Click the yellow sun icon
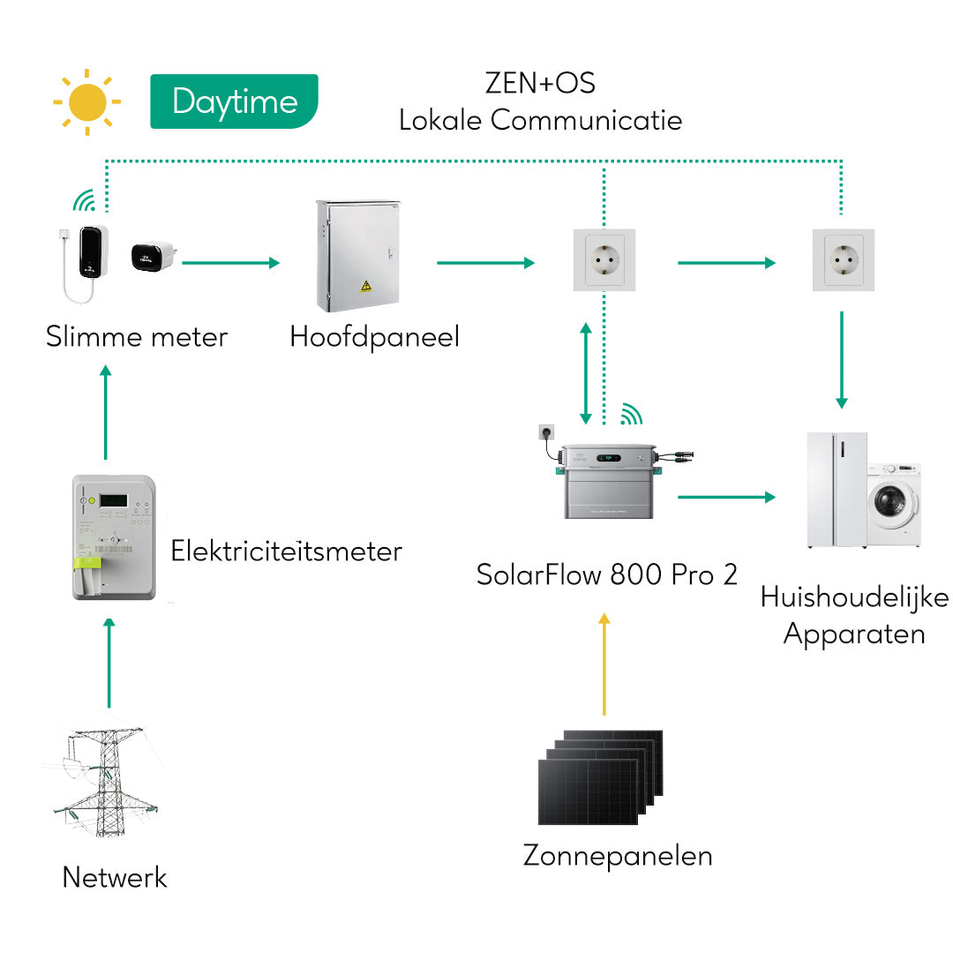click(x=86, y=102)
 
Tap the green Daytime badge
click(x=234, y=101)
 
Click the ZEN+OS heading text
click(x=540, y=83)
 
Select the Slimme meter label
click(x=137, y=336)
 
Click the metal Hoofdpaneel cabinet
click(x=357, y=257)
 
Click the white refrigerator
click(x=837, y=490)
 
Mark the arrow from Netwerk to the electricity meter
click(x=109, y=662)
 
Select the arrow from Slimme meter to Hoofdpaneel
click(x=230, y=262)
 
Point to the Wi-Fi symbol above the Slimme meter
click(x=84, y=202)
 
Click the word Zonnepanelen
click(x=618, y=855)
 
